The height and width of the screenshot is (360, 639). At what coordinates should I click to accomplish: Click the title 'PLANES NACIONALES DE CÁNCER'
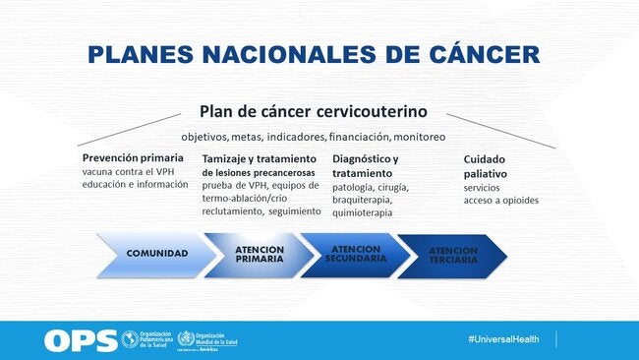coord(313,54)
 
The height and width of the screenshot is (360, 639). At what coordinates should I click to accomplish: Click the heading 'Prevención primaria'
coord(132,157)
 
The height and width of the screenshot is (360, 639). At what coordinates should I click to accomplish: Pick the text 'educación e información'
coord(135,185)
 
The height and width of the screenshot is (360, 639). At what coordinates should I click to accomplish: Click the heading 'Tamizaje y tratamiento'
coord(259,158)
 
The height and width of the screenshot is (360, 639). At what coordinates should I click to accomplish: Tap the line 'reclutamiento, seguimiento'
coord(261,211)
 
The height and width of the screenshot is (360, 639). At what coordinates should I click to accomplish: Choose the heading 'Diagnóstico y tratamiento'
coord(366,165)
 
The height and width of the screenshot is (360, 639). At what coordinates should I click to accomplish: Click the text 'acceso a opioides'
coord(500,201)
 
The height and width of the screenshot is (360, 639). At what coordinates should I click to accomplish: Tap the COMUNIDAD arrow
coord(155,254)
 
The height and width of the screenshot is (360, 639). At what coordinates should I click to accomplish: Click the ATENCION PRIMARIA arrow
coord(259,254)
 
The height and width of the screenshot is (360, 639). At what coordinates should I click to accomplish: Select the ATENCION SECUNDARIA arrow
coord(355,254)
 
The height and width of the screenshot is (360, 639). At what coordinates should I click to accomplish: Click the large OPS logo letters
coord(79,340)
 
